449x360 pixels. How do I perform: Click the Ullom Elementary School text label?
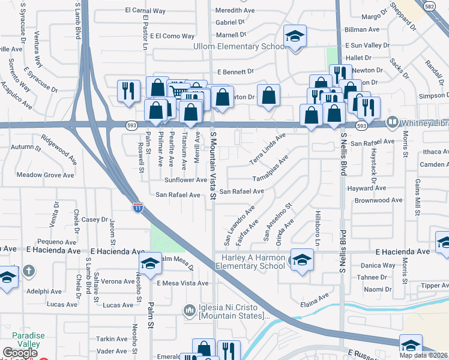click(239, 46)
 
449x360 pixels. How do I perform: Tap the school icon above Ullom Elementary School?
click(295, 37)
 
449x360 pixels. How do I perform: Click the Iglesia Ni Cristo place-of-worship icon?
click(190, 310)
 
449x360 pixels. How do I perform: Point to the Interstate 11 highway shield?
click(138, 208)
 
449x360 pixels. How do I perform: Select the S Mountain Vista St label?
click(213, 162)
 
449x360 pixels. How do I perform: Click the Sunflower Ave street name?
click(187, 180)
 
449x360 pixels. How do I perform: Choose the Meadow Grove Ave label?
click(45, 175)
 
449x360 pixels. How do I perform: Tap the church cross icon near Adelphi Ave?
click(28, 271)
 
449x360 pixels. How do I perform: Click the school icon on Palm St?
click(150, 262)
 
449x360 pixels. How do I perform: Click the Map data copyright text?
click(424, 355)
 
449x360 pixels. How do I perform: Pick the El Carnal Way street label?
click(145, 11)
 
